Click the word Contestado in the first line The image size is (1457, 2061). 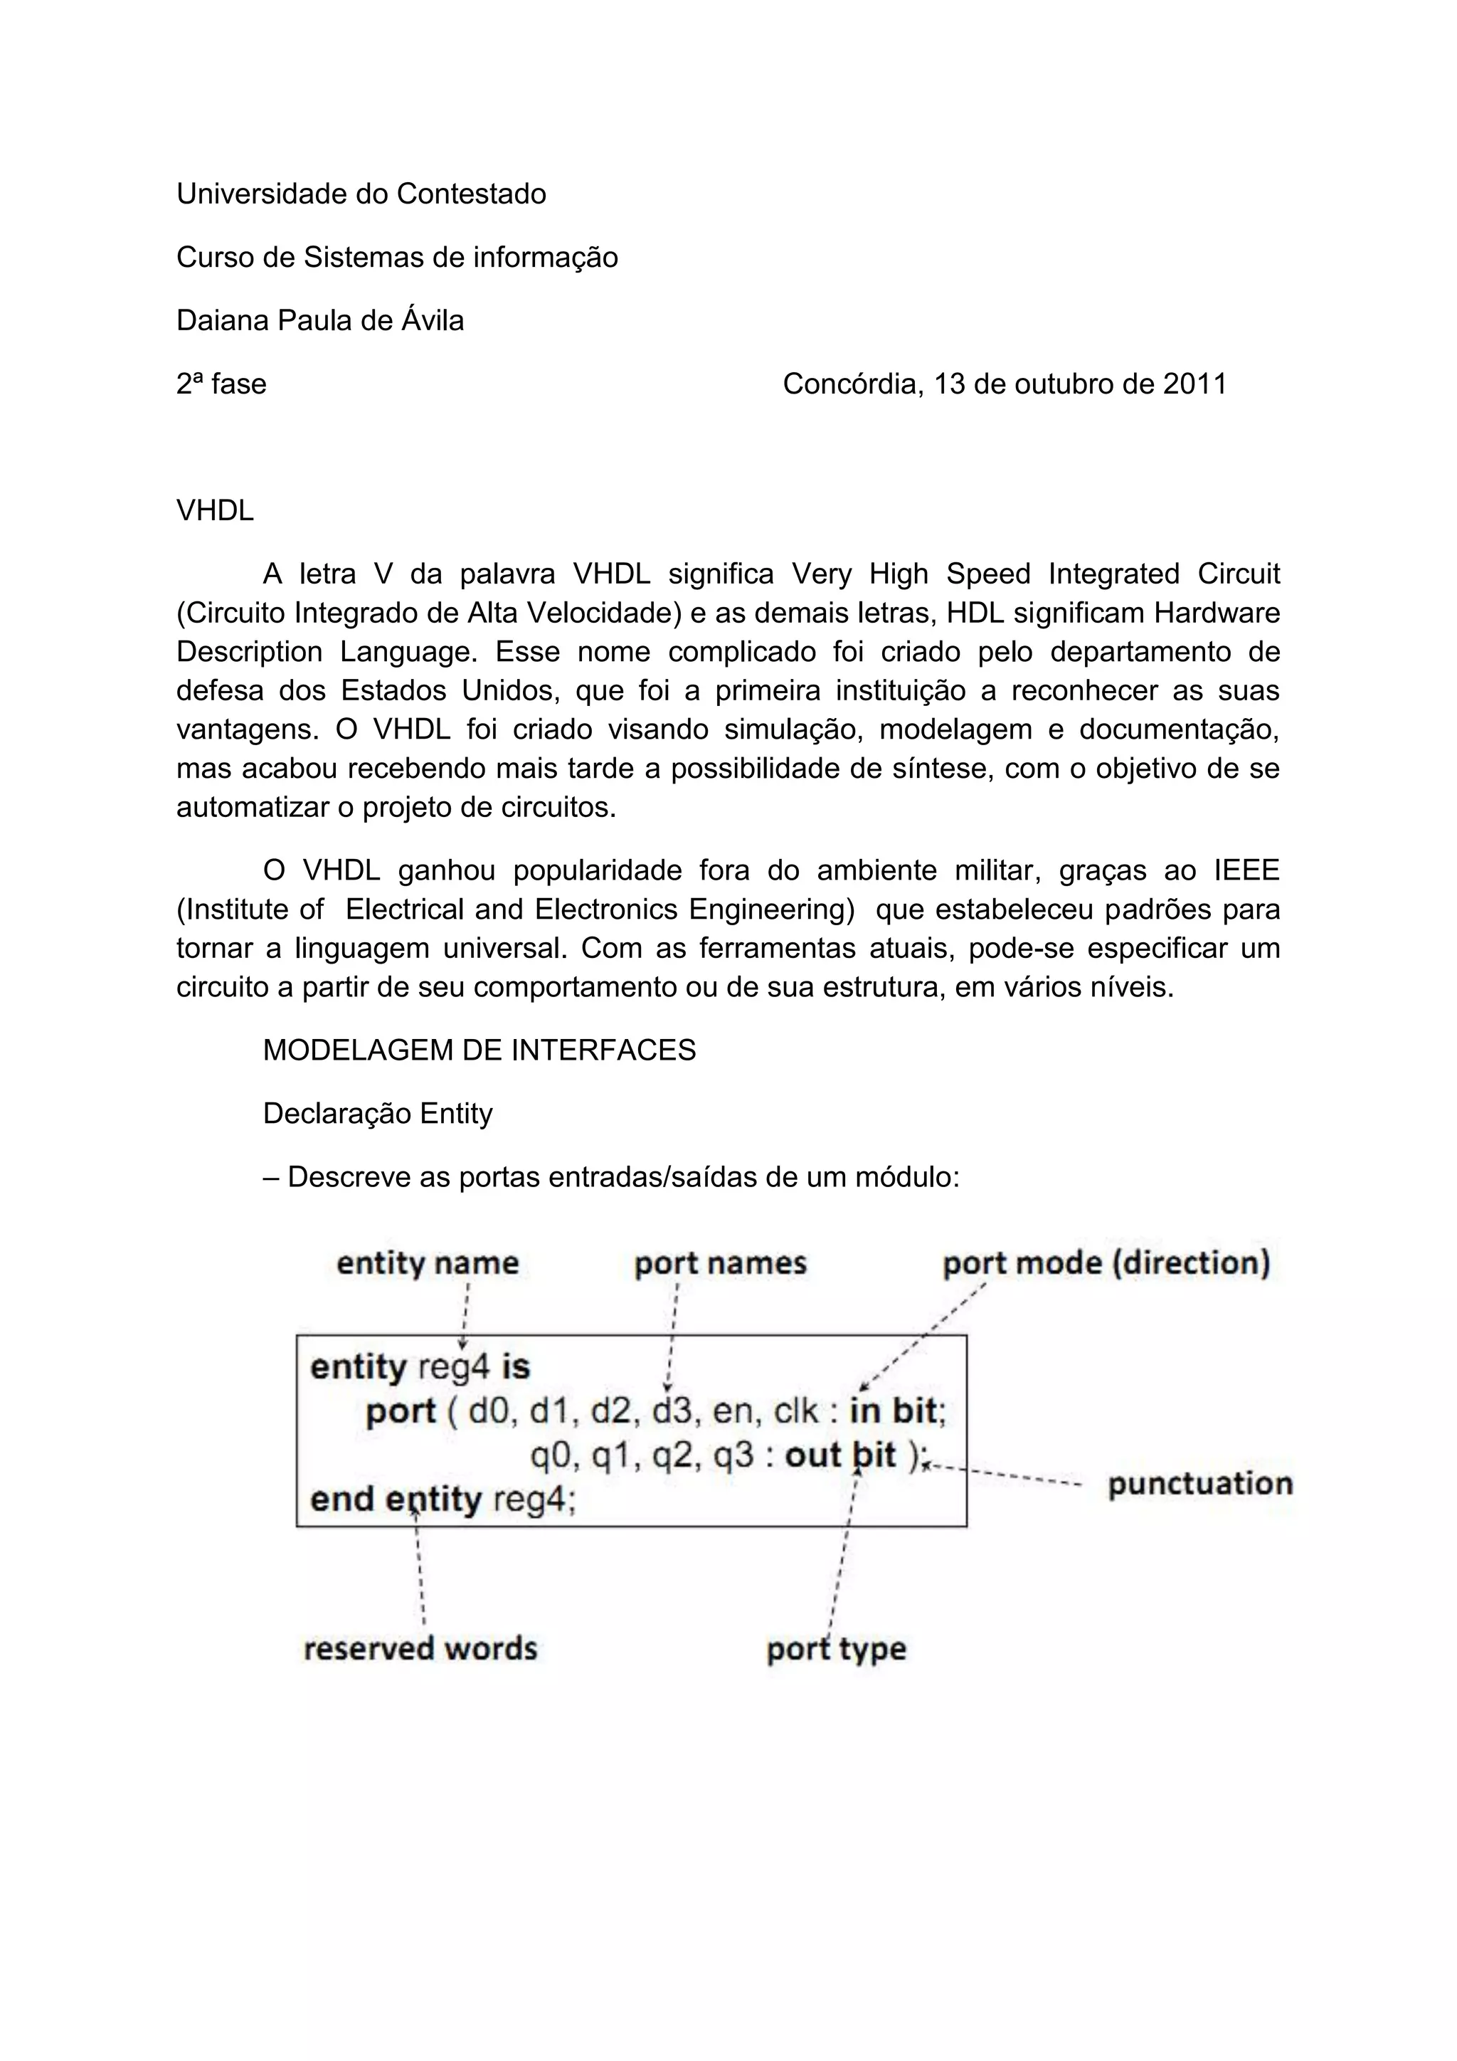pos(471,194)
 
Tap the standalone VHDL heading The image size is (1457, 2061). pos(216,511)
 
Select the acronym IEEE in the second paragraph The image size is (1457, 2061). pos(1246,870)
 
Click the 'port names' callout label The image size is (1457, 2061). pos(721,1263)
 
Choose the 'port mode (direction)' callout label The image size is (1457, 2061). pos(1106,1263)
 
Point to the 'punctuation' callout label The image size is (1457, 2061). pos(1200,1484)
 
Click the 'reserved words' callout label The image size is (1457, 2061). pos(420,1649)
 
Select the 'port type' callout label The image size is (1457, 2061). pos(836,1649)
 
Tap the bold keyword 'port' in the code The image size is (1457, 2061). pos(401,1412)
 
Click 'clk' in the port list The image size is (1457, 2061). pos(797,1412)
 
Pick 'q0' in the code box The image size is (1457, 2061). pos(550,1455)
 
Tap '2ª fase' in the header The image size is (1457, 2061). pos(221,384)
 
